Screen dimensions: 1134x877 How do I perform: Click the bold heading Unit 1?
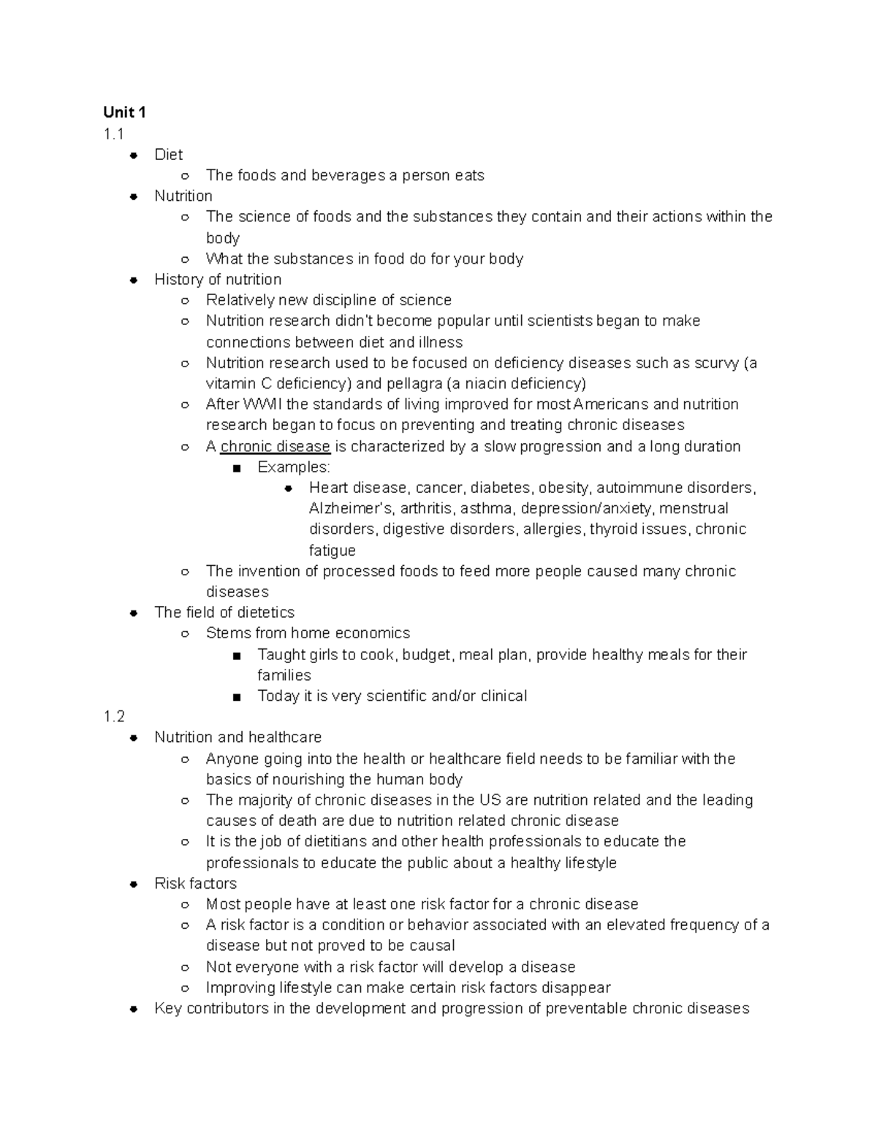pos(124,112)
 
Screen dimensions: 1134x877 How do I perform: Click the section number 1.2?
pos(114,716)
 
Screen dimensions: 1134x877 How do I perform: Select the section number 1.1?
pos(113,134)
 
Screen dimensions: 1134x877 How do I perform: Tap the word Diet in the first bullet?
pos(168,154)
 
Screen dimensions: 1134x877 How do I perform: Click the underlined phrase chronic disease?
pos(276,446)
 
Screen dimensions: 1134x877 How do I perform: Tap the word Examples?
pos(294,467)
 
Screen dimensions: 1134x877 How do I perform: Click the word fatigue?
pos(333,550)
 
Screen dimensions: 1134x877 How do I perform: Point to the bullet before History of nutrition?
pos(134,280)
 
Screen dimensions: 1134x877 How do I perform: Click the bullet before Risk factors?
pos(134,884)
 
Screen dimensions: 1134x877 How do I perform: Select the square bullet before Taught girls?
pos(237,655)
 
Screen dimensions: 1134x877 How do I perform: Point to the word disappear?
pos(576,987)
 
